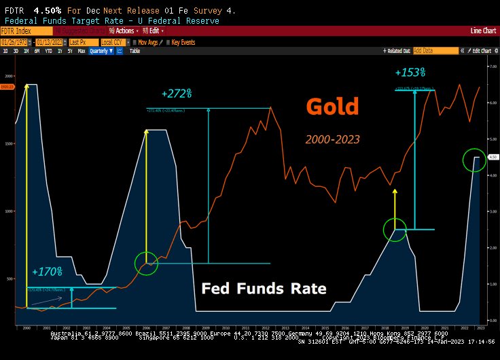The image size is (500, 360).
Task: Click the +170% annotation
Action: [47, 272]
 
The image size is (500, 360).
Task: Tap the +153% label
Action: [410, 72]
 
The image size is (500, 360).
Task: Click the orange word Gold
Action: [332, 107]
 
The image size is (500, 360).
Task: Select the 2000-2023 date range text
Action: [332, 139]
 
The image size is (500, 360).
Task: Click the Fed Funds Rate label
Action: [264, 288]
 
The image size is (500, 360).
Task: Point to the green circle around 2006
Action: [146, 263]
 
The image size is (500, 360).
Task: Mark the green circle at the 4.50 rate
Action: [474, 160]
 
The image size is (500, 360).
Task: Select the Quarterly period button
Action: [99, 51]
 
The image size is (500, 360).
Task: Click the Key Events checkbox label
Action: [183, 41]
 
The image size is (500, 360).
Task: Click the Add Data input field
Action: [435, 51]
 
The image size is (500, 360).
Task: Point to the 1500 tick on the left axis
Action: [7, 144]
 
